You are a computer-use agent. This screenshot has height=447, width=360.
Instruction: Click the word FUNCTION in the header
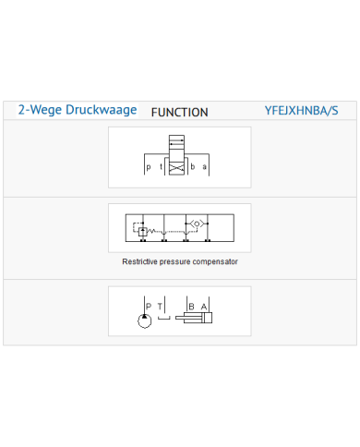[180, 113]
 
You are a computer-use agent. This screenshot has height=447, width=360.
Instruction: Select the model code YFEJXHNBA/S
[301, 111]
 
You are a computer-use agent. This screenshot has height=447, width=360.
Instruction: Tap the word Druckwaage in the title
[102, 110]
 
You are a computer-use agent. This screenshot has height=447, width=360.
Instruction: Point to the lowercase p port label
[149, 167]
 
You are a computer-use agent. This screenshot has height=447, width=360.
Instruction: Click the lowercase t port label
[161, 166]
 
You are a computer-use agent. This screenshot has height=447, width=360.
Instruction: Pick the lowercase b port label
[193, 166]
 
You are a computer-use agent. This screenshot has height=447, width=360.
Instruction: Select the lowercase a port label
[204, 167]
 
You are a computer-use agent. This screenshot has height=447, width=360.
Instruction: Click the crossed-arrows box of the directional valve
[176, 168]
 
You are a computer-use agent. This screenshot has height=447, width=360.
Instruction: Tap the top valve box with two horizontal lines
[176, 142]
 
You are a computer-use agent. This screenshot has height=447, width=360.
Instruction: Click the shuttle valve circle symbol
[197, 223]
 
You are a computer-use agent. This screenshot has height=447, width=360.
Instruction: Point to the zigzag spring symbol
[151, 230]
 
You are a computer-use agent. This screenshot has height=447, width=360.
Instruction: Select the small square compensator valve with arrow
[142, 231]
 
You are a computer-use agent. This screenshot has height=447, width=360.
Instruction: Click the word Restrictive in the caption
[140, 261]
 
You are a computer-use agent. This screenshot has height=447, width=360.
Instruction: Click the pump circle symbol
[145, 321]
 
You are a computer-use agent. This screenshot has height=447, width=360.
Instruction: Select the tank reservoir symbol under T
[164, 318]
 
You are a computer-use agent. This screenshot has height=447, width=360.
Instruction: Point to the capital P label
[149, 307]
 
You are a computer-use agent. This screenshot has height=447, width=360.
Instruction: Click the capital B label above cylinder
[191, 307]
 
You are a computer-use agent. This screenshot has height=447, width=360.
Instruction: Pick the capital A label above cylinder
[204, 307]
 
